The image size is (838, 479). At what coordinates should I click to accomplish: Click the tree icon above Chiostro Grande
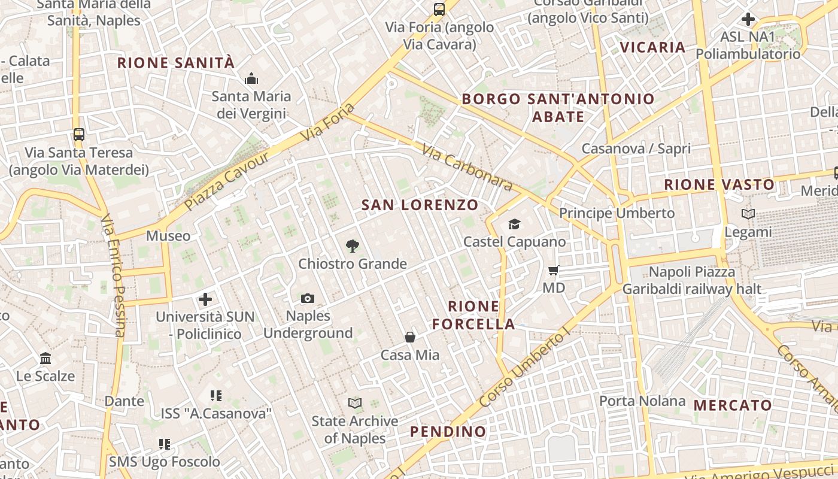pos(353,245)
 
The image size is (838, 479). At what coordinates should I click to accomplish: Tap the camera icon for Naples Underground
pos(308,298)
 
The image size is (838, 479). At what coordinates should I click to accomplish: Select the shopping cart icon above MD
pos(553,271)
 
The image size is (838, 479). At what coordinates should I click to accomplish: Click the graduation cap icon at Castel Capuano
pos(514,225)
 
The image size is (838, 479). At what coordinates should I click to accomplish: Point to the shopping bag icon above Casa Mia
pos(410,337)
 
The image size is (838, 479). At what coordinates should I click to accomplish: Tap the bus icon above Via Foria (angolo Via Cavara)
pos(439,9)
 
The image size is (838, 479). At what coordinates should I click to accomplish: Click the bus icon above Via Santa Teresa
pos(78,134)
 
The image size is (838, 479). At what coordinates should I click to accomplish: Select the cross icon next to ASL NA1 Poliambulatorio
pos(748,19)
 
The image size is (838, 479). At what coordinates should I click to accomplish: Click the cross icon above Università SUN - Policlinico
pos(205,299)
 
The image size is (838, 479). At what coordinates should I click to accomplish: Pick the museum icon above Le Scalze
pos(45,359)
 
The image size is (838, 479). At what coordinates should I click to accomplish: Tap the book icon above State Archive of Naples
pos(355,404)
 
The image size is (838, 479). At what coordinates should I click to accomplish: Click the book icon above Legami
pos(748,214)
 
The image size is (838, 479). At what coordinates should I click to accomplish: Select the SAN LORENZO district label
pos(420,205)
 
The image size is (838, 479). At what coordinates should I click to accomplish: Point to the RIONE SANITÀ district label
pos(175,63)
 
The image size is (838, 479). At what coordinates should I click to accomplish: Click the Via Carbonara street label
pos(467,167)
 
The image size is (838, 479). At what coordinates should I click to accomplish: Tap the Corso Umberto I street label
pos(522,369)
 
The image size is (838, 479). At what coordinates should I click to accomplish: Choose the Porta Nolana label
pos(642,401)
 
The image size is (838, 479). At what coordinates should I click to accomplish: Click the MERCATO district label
pos(733,405)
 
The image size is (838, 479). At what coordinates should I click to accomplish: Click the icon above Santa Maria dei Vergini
pos(251,78)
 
